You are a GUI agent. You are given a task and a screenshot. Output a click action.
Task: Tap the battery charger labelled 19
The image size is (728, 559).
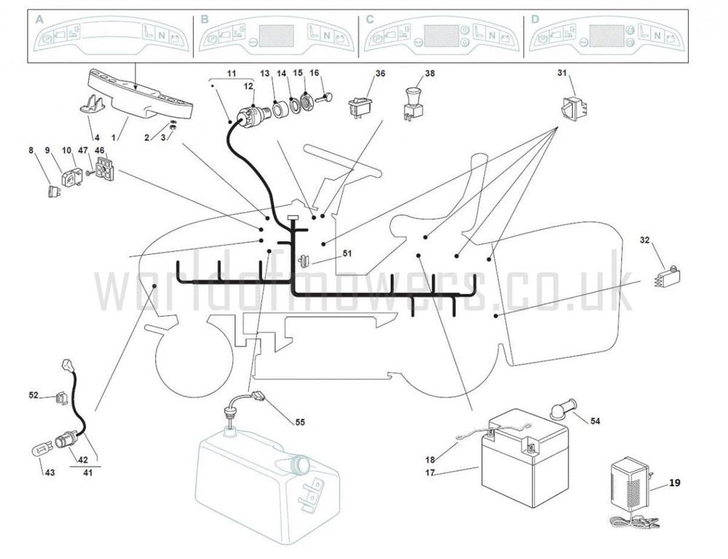[630, 484]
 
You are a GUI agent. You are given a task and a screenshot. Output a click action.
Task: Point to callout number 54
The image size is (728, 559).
[595, 421]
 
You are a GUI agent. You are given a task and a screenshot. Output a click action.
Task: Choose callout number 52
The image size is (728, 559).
[33, 395]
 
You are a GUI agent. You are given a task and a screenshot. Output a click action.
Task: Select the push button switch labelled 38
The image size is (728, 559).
[413, 103]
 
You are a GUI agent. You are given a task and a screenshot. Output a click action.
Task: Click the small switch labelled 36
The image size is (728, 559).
[360, 105]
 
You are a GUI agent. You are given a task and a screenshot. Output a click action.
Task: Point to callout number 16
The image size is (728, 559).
[314, 73]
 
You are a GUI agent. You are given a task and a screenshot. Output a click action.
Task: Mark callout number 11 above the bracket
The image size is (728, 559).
[232, 74]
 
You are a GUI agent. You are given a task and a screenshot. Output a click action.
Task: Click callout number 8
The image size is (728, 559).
[31, 151]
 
